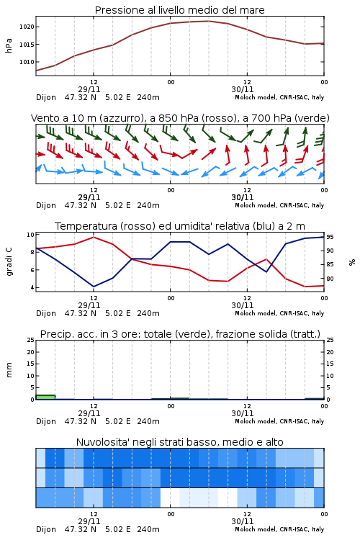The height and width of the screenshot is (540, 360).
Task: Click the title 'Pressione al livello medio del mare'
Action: click(179, 10)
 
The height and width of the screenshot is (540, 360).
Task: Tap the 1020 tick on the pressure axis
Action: click(27, 27)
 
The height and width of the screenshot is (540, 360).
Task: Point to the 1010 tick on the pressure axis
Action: click(27, 62)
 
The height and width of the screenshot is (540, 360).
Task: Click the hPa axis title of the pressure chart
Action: click(9, 45)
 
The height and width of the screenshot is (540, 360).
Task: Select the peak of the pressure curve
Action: click(208, 21)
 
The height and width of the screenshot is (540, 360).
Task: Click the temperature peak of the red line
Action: click(94, 237)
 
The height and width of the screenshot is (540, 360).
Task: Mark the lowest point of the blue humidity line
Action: click(94, 287)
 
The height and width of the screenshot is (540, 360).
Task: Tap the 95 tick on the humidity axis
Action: click(330, 237)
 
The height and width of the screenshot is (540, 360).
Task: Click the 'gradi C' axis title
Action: click(9, 262)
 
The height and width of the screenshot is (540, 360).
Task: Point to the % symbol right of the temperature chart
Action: click(352, 262)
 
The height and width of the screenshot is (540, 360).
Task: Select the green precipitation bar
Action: click(45, 397)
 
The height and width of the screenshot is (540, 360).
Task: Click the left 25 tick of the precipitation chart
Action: click(31, 340)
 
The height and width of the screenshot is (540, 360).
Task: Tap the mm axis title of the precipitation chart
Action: click(9, 370)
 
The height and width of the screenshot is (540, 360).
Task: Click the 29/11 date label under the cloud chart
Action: click(89, 521)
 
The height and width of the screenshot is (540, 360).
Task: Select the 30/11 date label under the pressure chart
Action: click(242, 89)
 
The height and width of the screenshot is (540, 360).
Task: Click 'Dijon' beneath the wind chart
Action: click(46, 206)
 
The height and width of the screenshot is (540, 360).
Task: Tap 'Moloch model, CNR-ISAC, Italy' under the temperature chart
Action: click(279, 313)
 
